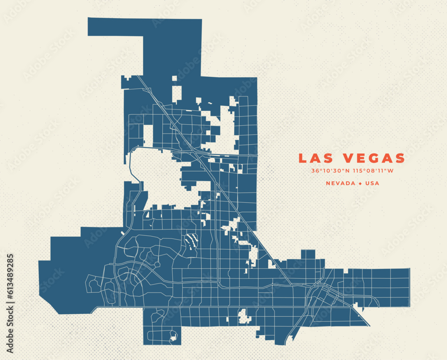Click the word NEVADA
[341, 183]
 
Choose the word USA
[372, 183]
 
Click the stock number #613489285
[10, 276]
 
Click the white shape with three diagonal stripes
[191, 242]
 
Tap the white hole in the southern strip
[244, 316]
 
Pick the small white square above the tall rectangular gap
[174, 78]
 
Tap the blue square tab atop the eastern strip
[308, 254]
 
